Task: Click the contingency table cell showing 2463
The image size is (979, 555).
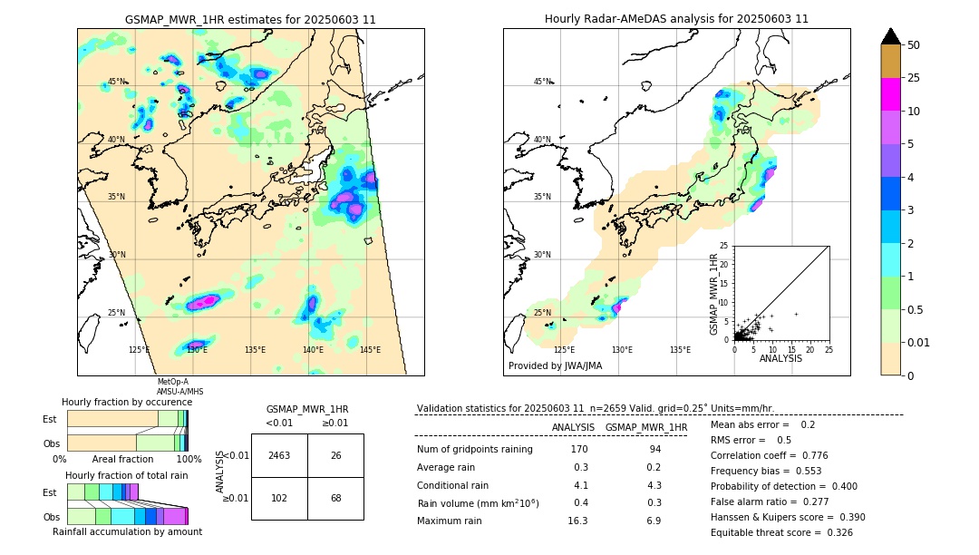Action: pyautogui.click(x=279, y=455)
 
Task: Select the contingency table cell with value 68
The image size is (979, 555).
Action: pyautogui.click(x=335, y=498)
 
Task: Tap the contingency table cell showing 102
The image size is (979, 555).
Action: pyautogui.click(x=279, y=498)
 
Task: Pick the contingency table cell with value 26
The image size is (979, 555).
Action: pyautogui.click(x=335, y=455)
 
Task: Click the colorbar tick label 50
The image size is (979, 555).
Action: pyautogui.click(x=914, y=44)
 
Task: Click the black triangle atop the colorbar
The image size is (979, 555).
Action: pyautogui.click(x=890, y=36)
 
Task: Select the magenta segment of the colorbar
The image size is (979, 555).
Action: pyautogui.click(x=890, y=94)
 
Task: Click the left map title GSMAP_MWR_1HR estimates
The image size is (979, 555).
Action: pyautogui.click(x=250, y=19)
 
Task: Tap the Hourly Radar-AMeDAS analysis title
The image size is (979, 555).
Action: pyautogui.click(x=676, y=19)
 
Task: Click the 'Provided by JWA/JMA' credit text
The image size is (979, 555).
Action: pyautogui.click(x=555, y=366)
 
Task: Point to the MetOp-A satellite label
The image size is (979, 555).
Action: pyautogui.click(x=173, y=382)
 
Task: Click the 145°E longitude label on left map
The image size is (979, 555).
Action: pyautogui.click(x=370, y=350)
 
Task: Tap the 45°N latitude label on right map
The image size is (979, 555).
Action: pyautogui.click(x=542, y=82)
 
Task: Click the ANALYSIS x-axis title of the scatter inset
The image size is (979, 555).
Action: pyautogui.click(x=780, y=358)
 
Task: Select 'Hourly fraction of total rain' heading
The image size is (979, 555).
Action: pyautogui.click(x=126, y=475)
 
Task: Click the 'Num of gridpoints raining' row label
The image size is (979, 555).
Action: pyautogui.click(x=474, y=450)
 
